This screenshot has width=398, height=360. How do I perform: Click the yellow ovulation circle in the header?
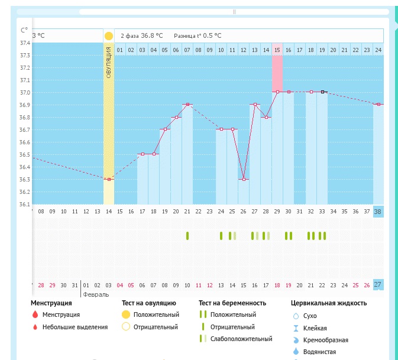click(x=109, y=36)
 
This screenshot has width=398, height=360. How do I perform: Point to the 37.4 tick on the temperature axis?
click(x=25, y=43)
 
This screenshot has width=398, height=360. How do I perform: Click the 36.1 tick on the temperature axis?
click(x=25, y=205)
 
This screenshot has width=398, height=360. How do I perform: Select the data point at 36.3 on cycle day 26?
click(x=244, y=179)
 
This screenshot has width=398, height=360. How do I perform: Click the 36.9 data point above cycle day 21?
click(x=187, y=105)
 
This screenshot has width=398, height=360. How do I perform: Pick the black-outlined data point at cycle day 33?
click(x=322, y=92)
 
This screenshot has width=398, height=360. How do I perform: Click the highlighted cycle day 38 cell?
click(x=378, y=211)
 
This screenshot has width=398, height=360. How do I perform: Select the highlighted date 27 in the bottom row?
click(x=378, y=284)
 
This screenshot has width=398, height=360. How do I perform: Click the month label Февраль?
click(x=96, y=293)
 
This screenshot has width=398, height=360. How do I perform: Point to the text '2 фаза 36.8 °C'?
click(x=142, y=35)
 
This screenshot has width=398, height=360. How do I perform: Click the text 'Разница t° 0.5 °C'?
click(x=198, y=35)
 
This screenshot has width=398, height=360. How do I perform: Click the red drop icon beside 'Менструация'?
click(x=35, y=315)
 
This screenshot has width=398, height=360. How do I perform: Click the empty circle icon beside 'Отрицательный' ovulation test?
click(x=125, y=327)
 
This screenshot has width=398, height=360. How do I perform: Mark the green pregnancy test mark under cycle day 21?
click(x=187, y=236)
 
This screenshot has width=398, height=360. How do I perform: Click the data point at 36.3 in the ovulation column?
click(x=109, y=179)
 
